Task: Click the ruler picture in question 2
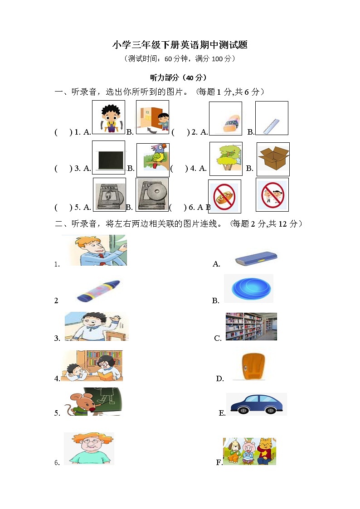[271, 118]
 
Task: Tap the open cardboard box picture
[273, 159]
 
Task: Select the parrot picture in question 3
[153, 160]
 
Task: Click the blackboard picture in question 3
[108, 157]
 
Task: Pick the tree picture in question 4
[226, 159]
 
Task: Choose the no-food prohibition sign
[224, 196]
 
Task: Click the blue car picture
[257, 404]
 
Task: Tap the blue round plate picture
[249, 289]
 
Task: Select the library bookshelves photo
[251, 326]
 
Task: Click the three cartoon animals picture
[249, 451]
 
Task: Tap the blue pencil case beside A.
[256, 259]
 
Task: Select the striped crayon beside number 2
[98, 291]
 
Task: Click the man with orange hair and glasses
[89, 448]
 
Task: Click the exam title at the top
[180, 45]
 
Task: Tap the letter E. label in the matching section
[222, 413]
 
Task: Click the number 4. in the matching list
[57, 379]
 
